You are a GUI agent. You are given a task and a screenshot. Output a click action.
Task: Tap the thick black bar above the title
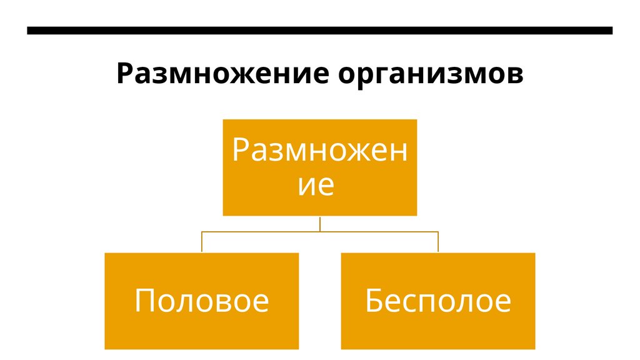click(319, 30)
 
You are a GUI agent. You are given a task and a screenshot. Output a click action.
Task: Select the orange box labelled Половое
click(201, 301)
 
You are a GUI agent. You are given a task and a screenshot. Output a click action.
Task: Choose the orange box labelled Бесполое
click(438, 301)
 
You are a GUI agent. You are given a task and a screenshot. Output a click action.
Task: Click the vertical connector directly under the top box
click(319, 223)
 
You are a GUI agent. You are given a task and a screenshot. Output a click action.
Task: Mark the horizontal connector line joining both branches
click(319, 231)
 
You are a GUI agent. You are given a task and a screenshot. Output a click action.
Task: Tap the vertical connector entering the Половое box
click(201, 242)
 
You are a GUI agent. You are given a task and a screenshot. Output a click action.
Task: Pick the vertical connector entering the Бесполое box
click(438, 242)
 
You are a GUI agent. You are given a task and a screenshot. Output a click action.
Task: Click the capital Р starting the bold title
click(124, 74)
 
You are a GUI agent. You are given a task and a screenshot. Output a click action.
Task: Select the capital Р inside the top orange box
click(241, 150)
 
